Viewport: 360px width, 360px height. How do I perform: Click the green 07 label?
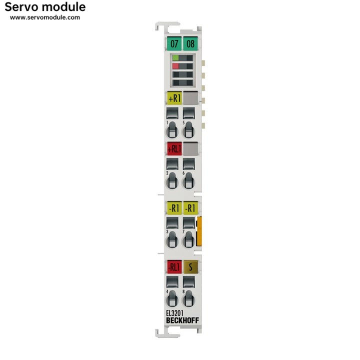174,43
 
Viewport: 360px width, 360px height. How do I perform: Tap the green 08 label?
190,43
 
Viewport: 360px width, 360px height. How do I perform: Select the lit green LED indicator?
175,58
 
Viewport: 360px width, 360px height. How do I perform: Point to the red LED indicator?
175,66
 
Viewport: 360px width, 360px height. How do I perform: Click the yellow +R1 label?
174,98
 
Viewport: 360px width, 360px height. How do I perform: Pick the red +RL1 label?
174,148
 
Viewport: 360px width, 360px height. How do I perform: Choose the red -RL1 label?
174,266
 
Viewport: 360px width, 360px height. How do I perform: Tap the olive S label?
190,266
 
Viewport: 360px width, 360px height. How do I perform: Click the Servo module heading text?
45,7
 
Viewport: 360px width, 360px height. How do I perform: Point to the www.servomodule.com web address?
45,17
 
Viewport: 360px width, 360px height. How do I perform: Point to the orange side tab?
199,231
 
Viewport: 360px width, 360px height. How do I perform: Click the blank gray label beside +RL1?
190,148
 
